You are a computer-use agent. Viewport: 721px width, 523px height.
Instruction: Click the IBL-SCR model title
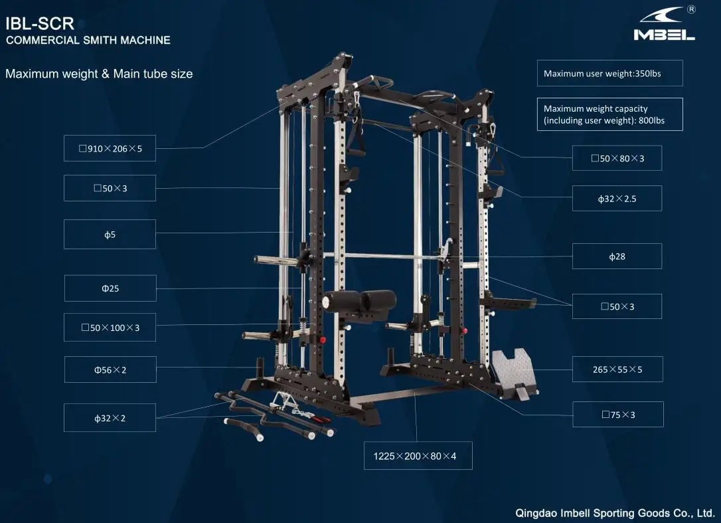pos(39,24)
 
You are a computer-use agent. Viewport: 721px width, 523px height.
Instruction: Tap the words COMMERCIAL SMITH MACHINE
pos(88,41)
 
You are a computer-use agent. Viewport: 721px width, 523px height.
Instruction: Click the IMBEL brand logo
pos(664,25)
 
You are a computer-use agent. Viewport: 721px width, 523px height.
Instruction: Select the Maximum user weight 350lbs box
pos(609,74)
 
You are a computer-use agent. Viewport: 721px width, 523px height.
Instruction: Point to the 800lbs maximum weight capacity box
pos(609,114)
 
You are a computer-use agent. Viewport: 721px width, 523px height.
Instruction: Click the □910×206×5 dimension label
pos(110,149)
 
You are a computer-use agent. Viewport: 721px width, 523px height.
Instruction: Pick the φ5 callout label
pos(110,235)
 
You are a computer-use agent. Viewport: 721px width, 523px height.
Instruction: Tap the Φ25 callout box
pos(110,288)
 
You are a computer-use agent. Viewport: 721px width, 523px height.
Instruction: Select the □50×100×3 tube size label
pos(110,328)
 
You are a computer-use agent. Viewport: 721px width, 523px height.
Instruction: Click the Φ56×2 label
pos(110,369)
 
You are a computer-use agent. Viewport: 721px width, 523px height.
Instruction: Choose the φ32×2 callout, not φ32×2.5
pos(110,418)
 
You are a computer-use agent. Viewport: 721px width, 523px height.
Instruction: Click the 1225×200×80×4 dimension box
pos(418,456)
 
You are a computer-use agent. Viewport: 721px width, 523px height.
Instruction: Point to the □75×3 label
pos(618,415)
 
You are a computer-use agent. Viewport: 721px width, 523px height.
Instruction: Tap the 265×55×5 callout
pos(617,369)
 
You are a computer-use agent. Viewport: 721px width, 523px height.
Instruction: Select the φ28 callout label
pos(617,256)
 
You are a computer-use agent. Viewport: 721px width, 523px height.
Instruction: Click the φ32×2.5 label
pos(617,198)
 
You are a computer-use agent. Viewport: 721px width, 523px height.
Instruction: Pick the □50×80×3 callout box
pos(617,158)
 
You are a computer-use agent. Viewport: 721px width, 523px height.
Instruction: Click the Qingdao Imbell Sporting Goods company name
pos(615,513)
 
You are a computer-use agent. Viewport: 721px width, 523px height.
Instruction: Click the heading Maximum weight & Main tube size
pos(99,74)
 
